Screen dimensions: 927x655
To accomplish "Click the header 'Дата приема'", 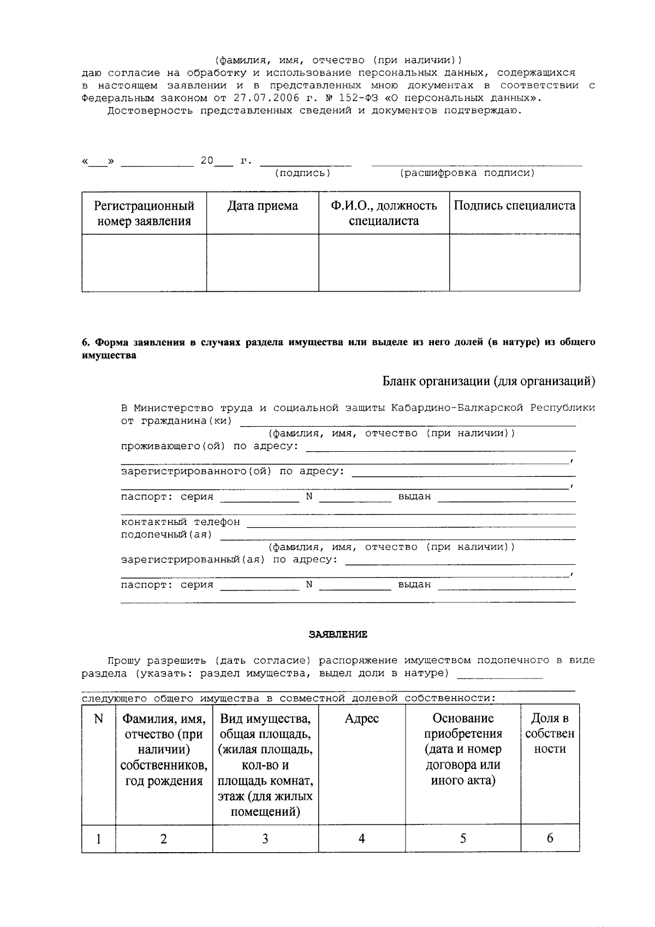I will [263, 206].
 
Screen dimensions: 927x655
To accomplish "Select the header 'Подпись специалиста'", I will [514, 206].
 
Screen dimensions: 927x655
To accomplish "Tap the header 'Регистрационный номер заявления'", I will [144, 214].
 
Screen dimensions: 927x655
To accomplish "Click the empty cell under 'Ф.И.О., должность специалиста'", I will [384, 263].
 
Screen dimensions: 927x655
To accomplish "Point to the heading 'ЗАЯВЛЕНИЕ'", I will [338, 635].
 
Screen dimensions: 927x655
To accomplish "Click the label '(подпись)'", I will [302, 173].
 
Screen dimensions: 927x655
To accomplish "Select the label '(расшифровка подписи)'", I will [467, 173].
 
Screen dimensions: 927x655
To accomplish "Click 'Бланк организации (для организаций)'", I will [489, 381].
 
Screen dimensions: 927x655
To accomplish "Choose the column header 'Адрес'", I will [361, 719].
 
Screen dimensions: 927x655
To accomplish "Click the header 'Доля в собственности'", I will [550, 734].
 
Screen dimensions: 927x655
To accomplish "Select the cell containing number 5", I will [463, 839].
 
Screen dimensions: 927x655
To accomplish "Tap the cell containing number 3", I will [265, 839].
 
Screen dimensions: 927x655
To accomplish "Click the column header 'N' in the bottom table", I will [98, 719].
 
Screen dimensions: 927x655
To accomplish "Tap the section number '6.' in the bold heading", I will [86, 343].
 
